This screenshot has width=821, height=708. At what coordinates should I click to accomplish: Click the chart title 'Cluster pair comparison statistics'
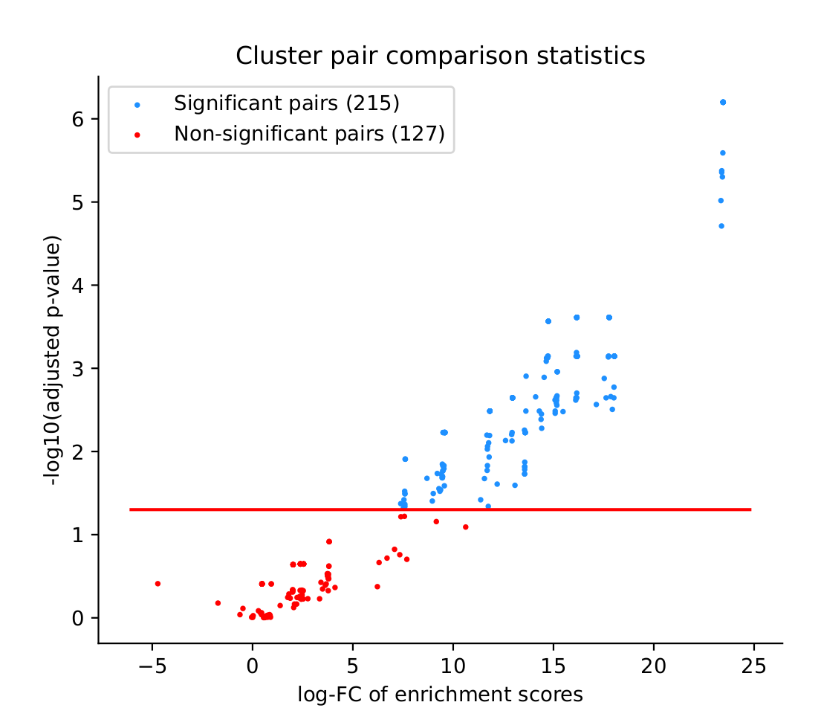440,56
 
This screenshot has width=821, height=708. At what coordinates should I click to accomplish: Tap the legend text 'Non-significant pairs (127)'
309,134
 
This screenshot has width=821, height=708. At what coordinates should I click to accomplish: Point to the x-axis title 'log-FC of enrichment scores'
440,695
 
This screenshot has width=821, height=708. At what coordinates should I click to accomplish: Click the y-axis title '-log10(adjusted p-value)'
54,363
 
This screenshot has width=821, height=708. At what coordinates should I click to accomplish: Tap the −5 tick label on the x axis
152,664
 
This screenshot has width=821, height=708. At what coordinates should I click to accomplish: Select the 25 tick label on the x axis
754,664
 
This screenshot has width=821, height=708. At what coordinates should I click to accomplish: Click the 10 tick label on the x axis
453,664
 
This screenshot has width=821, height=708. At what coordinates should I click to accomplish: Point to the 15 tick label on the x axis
554,664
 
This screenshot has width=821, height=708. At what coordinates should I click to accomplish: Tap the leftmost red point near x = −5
158,584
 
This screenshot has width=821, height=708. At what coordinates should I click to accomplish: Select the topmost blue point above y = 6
723,102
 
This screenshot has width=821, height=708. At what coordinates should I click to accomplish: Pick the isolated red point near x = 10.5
466,527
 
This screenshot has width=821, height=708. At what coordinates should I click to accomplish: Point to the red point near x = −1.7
218,603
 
